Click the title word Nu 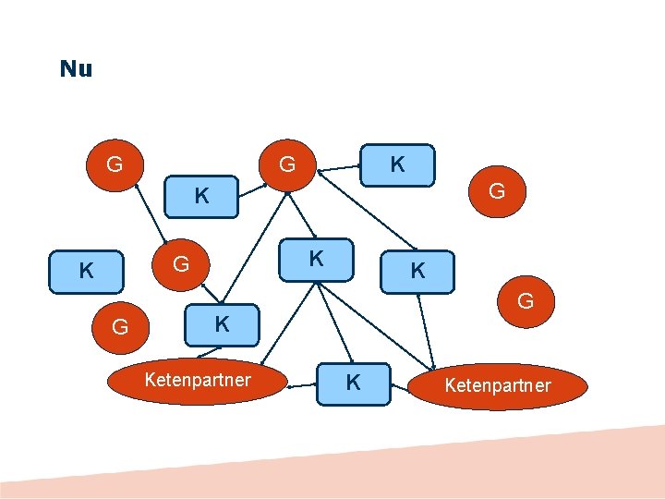[76, 69]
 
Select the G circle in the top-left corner [115, 165]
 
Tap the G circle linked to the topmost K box [287, 165]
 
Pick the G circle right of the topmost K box [496, 191]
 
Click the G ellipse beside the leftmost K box [181, 264]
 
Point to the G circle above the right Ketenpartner [525, 300]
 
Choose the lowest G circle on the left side [120, 325]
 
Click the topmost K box [397, 165]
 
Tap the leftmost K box [86, 271]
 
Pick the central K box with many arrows [316, 259]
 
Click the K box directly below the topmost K [417, 271]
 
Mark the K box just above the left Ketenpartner [222, 324]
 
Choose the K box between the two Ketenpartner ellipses [353, 382]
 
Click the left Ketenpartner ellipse [197, 381]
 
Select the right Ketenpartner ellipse [498, 385]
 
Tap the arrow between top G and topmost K [339, 167]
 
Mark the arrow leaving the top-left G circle [150, 212]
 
